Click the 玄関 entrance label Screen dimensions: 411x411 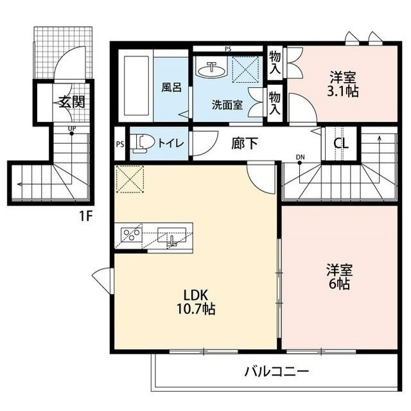pos(72,101)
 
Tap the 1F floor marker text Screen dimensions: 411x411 pos(85,216)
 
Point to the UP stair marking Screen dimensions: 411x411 pos(73,128)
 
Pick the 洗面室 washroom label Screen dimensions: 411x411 pos(227,104)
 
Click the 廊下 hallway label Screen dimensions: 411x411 pos(244,143)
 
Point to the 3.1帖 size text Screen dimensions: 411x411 pos(342,91)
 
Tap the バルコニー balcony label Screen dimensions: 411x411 pos(277,371)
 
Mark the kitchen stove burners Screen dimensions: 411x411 pos(130,236)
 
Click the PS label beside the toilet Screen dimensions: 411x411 pos(119,144)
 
